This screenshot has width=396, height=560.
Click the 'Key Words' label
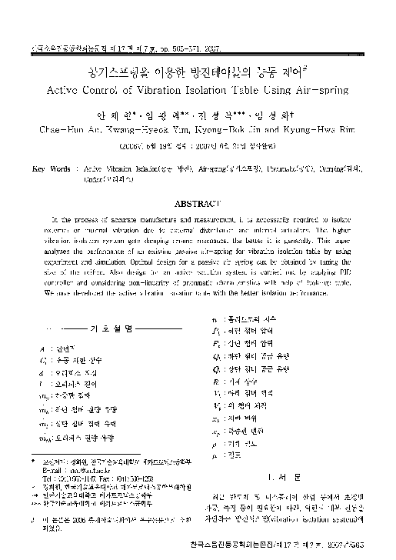click(x=48, y=166)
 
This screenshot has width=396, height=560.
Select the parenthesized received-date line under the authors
click(x=198, y=145)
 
